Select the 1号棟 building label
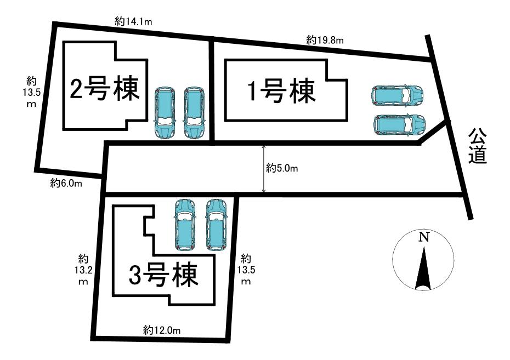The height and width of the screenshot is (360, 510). [x=282, y=91]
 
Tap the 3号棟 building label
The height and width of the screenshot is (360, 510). [x=163, y=276]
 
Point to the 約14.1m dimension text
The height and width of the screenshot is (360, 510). [x=133, y=21]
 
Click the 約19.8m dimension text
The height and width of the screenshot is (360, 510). [x=325, y=39]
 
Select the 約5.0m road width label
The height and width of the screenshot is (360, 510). [x=282, y=168]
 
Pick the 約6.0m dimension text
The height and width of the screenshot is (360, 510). [x=66, y=184]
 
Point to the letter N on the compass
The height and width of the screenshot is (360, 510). [x=423, y=237]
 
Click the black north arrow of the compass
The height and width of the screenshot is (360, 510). [x=423, y=268]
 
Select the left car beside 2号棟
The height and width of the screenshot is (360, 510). [x=163, y=113]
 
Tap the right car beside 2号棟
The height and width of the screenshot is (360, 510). [x=192, y=113]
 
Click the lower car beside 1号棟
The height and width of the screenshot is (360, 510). [x=399, y=124]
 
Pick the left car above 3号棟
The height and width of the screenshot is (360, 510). [x=184, y=224]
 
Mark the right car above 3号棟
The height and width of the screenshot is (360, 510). [x=216, y=224]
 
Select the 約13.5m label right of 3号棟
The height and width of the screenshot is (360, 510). [x=246, y=269]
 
